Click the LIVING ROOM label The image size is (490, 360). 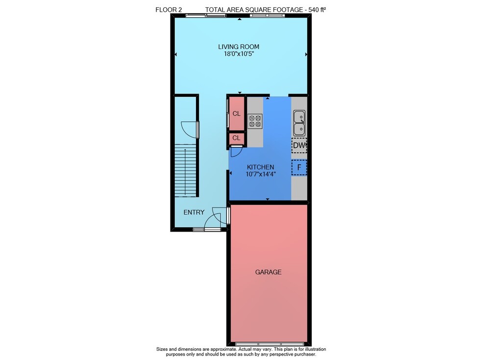(239, 47)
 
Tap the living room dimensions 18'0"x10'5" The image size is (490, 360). (239, 54)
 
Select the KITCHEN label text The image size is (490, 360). (260, 167)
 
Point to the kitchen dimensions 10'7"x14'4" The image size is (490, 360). (260, 174)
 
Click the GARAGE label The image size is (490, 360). (268, 272)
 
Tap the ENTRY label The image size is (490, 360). (194, 213)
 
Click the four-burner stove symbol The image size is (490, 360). (255, 121)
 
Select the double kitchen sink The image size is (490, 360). (299, 123)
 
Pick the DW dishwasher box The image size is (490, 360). (299, 145)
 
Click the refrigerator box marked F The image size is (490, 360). (299, 168)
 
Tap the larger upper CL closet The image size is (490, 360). (237, 114)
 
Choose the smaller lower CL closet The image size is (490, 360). (237, 139)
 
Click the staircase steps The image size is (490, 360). (185, 170)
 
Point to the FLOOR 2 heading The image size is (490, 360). (169, 10)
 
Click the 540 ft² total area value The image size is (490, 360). (317, 10)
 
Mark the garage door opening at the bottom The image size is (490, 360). (269, 344)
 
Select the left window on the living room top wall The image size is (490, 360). (206, 15)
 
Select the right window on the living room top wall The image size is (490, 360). (267, 15)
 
